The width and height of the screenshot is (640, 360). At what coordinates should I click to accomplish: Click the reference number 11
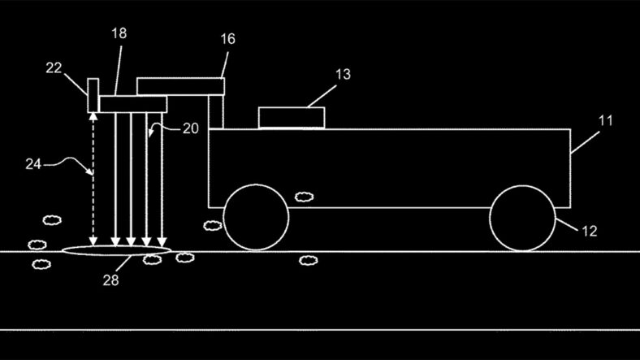point(606,120)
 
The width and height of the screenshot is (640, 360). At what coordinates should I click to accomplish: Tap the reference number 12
point(590,231)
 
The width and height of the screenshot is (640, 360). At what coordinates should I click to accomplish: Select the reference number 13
point(343,75)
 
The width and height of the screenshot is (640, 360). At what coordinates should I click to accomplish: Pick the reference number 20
point(189,129)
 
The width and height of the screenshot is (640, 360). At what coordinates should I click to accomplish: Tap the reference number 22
point(54,70)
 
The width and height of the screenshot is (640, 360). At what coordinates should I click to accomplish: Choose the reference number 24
point(33,163)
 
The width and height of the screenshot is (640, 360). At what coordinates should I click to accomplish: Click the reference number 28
point(111,280)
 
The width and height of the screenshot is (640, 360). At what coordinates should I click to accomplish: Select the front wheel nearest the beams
point(256,217)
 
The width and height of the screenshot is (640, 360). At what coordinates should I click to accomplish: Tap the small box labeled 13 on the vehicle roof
point(291,118)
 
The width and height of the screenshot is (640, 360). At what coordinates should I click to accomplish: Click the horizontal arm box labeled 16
point(180,85)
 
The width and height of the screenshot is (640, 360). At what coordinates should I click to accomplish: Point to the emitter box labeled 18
point(132,103)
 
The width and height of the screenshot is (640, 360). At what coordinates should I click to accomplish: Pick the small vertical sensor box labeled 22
point(93,95)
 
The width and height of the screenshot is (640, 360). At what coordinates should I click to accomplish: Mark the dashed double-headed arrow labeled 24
point(93,179)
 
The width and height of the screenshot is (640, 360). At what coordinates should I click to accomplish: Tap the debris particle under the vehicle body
point(304,197)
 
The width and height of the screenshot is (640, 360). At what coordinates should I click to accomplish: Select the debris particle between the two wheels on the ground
point(308,260)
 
